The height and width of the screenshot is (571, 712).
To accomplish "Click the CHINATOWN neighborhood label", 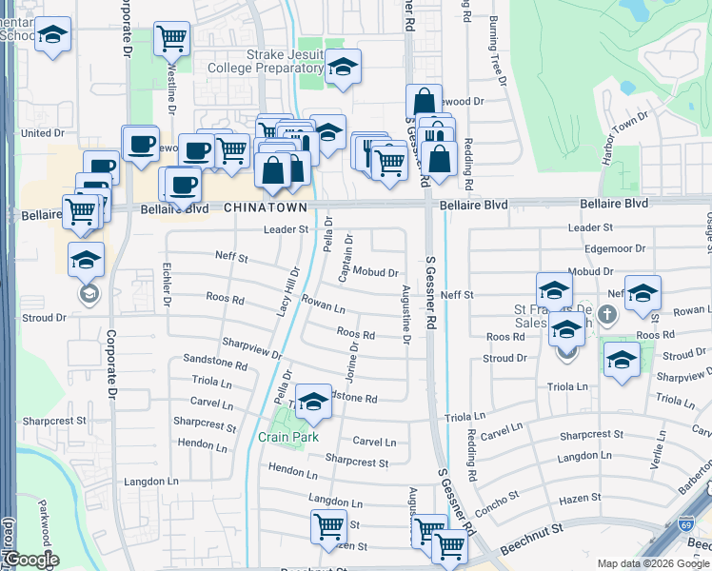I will click(x=266, y=207).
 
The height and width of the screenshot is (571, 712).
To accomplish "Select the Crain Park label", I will click(x=287, y=437).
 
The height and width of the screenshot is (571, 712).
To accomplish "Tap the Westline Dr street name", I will click(x=171, y=88).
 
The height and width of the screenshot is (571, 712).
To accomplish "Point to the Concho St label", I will click(x=499, y=501).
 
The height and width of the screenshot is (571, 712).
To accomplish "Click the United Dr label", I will click(x=42, y=133).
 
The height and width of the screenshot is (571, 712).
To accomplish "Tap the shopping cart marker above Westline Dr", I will click(x=171, y=40).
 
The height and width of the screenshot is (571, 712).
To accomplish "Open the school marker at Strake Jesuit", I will click(x=343, y=68).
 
